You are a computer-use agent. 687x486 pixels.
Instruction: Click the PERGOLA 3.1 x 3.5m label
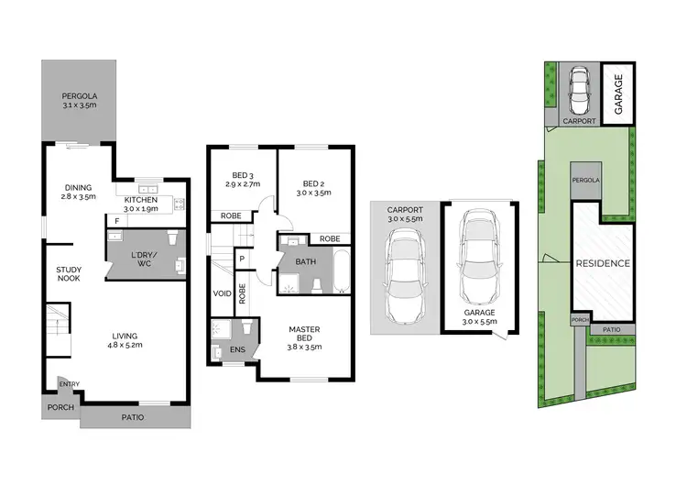(81, 102)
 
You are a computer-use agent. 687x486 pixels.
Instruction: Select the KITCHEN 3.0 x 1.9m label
(141, 204)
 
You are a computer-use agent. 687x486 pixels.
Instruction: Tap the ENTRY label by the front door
(70, 384)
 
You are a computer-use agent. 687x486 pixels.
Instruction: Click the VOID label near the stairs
(221, 294)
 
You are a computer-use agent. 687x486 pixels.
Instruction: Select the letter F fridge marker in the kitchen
(116, 221)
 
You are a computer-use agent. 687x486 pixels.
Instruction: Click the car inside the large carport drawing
(404, 274)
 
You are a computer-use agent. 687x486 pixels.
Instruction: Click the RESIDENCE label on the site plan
(603, 263)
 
